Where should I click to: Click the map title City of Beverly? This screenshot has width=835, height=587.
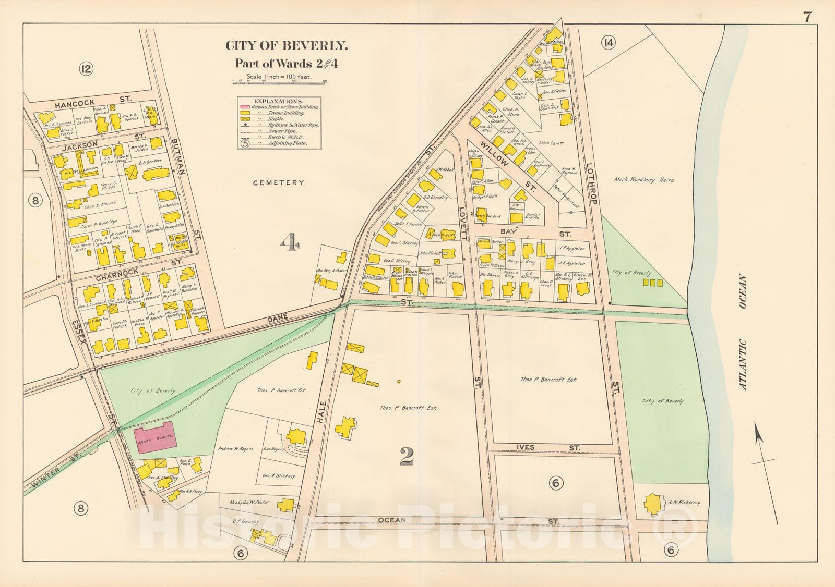click(x=286, y=46)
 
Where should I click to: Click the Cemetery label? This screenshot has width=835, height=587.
click(x=278, y=182)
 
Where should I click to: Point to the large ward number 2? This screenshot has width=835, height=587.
click(x=407, y=457)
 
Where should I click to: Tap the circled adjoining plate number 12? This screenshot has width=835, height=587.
click(x=87, y=68)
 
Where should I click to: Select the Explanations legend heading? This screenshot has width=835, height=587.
click(x=278, y=101)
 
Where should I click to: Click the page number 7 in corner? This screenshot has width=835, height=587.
click(x=807, y=17)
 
